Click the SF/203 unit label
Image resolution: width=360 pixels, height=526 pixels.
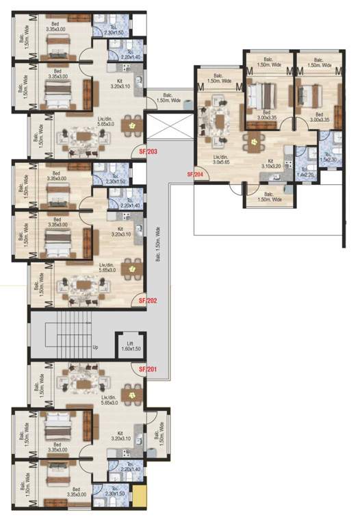pyautogui.click(x=148, y=151)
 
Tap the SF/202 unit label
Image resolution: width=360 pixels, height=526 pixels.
pyautogui.click(x=148, y=300)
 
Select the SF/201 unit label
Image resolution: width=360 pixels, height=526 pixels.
pyautogui.click(x=148, y=370)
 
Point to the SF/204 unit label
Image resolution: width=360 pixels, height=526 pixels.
pyautogui.click(x=196, y=175)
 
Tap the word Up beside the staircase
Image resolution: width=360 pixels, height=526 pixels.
pyautogui.click(x=95, y=347)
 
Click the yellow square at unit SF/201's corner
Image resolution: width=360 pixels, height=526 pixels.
pyautogui.click(x=140, y=494)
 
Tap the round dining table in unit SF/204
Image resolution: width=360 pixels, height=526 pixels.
pyautogui.click(x=255, y=142)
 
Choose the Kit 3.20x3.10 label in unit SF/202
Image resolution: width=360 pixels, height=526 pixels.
pyautogui.click(x=120, y=232)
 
